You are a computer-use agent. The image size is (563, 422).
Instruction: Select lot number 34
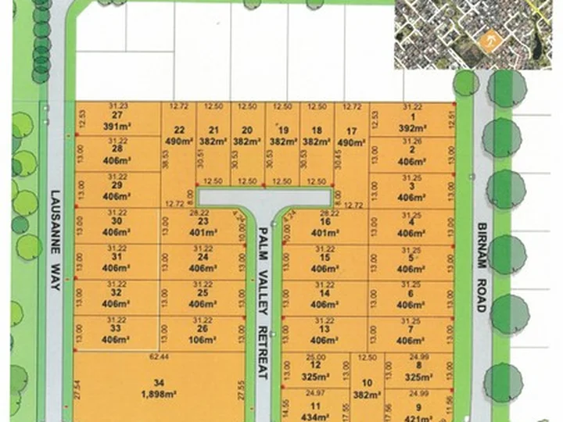tap(160, 382)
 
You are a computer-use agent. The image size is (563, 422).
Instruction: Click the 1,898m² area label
tap(160, 393)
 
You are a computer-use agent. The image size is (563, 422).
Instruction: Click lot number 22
tap(179, 130)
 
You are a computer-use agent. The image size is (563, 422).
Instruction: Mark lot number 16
tap(325, 220)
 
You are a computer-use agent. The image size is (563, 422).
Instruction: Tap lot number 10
tap(367, 383)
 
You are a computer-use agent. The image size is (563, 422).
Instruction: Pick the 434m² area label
tap(315, 417)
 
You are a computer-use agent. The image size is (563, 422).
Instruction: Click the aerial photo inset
tap(476, 34)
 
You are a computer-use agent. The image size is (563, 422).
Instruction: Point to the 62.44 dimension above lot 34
tap(160, 356)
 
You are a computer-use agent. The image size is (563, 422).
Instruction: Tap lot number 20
tap(247, 130)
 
